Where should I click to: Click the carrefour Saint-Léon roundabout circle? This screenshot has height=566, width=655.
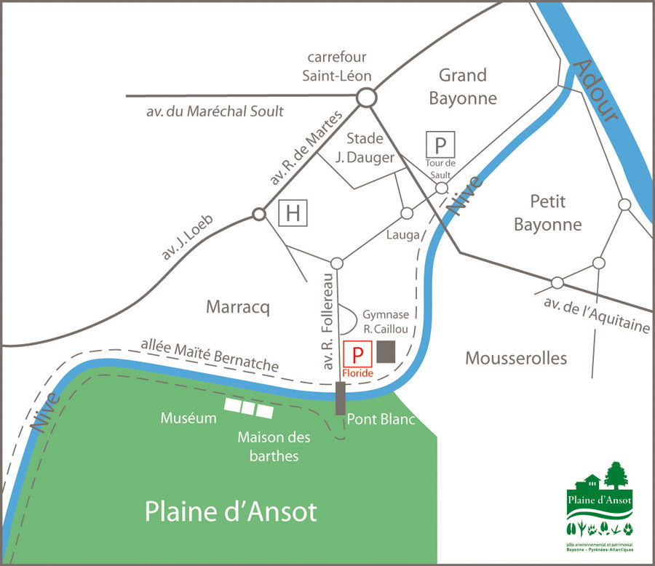pyautogui.click(x=365, y=97)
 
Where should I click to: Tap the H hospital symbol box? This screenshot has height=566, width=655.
pyautogui.click(x=293, y=213)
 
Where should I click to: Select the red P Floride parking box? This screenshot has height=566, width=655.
pyautogui.click(x=357, y=354)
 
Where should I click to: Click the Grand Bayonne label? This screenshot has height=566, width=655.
pyautogui.click(x=462, y=87)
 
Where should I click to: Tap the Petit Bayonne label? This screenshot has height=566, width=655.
pyautogui.click(x=548, y=212)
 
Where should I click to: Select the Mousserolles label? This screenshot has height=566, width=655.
pyautogui.click(x=516, y=358)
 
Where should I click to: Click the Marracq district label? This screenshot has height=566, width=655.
pyautogui.click(x=238, y=308)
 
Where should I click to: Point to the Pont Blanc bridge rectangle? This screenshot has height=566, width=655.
pyautogui.click(x=340, y=399)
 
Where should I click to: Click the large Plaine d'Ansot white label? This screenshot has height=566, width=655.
pyautogui.click(x=231, y=511)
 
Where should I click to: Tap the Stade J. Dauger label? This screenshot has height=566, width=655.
pyautogui.click(x=370, y=147)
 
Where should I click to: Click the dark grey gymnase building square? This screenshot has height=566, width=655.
pyautogui.click(x=386, y=351)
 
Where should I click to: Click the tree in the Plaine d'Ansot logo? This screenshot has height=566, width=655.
pyautogui.click(x=616, y=476)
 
